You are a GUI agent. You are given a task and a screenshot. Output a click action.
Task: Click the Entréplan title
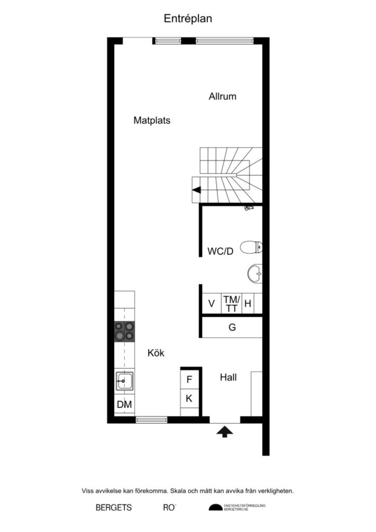[188, 18]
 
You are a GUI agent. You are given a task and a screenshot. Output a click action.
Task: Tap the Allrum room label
[223, 96]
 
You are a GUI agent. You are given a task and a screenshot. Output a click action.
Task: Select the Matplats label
[152, 120]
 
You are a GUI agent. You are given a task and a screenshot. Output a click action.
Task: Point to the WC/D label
[221, 251]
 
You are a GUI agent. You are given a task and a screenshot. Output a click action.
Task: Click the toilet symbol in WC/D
[251, 248]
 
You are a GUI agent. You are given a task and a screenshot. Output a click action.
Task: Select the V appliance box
[211, 304]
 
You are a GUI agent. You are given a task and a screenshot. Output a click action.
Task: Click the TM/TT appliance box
[232, 304]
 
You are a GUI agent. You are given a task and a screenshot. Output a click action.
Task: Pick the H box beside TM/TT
[248, 304]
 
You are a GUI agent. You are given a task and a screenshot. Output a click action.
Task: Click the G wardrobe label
[232, 327]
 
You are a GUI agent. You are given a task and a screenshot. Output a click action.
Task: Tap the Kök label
[156, 353]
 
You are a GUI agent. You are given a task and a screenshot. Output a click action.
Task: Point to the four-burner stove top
[125, 331]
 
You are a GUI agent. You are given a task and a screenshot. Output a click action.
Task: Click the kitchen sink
[125, 382]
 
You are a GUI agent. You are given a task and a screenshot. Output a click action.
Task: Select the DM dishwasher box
[124, 404]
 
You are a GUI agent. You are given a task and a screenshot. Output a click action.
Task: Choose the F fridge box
[190, 380]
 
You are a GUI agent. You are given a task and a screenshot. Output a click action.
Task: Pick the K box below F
[190, 398]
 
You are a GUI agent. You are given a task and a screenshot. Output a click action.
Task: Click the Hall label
[228, 377]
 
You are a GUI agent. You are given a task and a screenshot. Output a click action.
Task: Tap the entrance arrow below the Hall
[224, 431]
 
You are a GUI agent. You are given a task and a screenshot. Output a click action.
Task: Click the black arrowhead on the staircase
[197, 190]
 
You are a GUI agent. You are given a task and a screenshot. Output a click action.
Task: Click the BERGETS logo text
[114, 508]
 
